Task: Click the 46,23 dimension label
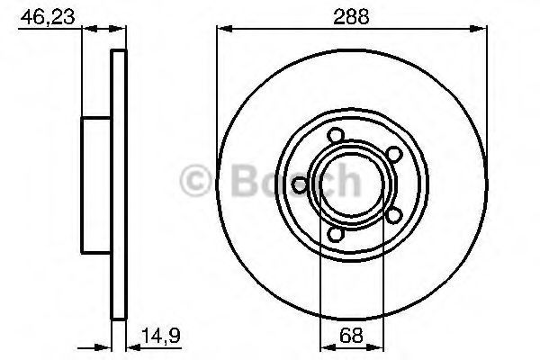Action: [47, 16]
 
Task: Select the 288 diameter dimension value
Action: [351, 16]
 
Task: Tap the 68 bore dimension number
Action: [351, 335]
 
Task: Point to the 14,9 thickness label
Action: [161, 336]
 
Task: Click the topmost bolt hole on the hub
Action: [336, 135]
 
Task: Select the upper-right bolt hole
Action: [393, 154]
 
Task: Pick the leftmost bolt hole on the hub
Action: [300, 184]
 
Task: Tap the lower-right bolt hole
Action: [394, 215]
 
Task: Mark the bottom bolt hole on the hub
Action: [335, 234]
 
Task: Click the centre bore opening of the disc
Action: [352, 184]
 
